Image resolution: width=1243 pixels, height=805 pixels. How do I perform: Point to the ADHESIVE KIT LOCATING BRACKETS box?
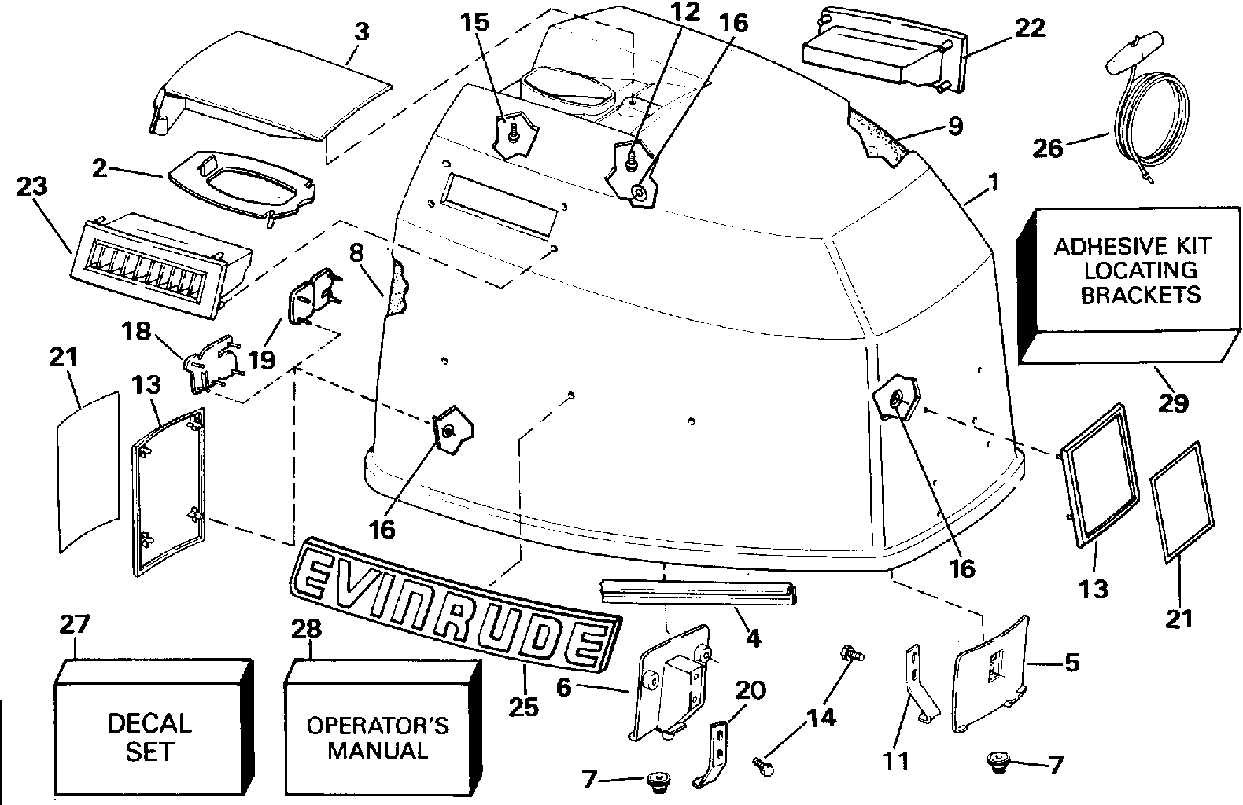[1129, 285]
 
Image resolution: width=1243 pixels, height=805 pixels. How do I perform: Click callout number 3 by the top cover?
[362, 31]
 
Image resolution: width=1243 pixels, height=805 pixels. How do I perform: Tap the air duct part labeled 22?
[886, 50]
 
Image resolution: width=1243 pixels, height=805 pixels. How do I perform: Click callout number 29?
[1172, 402]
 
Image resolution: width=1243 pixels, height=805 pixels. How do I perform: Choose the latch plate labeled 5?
[990, 675]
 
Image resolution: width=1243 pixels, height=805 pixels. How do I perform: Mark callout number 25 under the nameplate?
[523, 707]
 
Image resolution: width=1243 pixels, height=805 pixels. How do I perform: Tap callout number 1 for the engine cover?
[993, 182]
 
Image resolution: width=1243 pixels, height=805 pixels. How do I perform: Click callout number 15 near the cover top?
[475, 22]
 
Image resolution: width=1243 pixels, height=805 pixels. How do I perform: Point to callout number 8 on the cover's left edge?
[356, 253]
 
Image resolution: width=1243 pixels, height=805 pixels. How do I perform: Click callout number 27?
[75, 624]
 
